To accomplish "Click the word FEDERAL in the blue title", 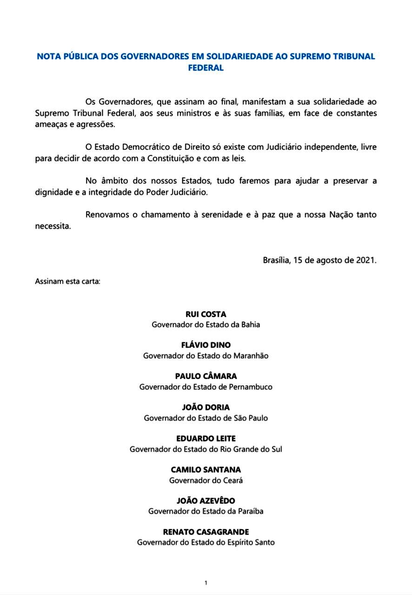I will click(206, 68).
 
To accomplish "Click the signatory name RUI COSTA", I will click(206, 314).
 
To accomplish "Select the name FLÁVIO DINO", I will click(206, 345).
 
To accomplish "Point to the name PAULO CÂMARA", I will click(206, 376).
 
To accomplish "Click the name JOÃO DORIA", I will click(206, 407).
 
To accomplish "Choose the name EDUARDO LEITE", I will click(206, 438).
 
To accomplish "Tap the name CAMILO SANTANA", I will click(206, 469).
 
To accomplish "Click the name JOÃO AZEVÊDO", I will click(206, 501).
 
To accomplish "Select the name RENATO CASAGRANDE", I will click(206, 532).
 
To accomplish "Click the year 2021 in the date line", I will click(365, 260).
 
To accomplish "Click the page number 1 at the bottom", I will click(206, 583).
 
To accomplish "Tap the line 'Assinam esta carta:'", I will click(67, 281).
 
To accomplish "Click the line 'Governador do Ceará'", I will click(206, 480).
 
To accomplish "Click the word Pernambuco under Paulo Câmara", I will click(251, 387).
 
